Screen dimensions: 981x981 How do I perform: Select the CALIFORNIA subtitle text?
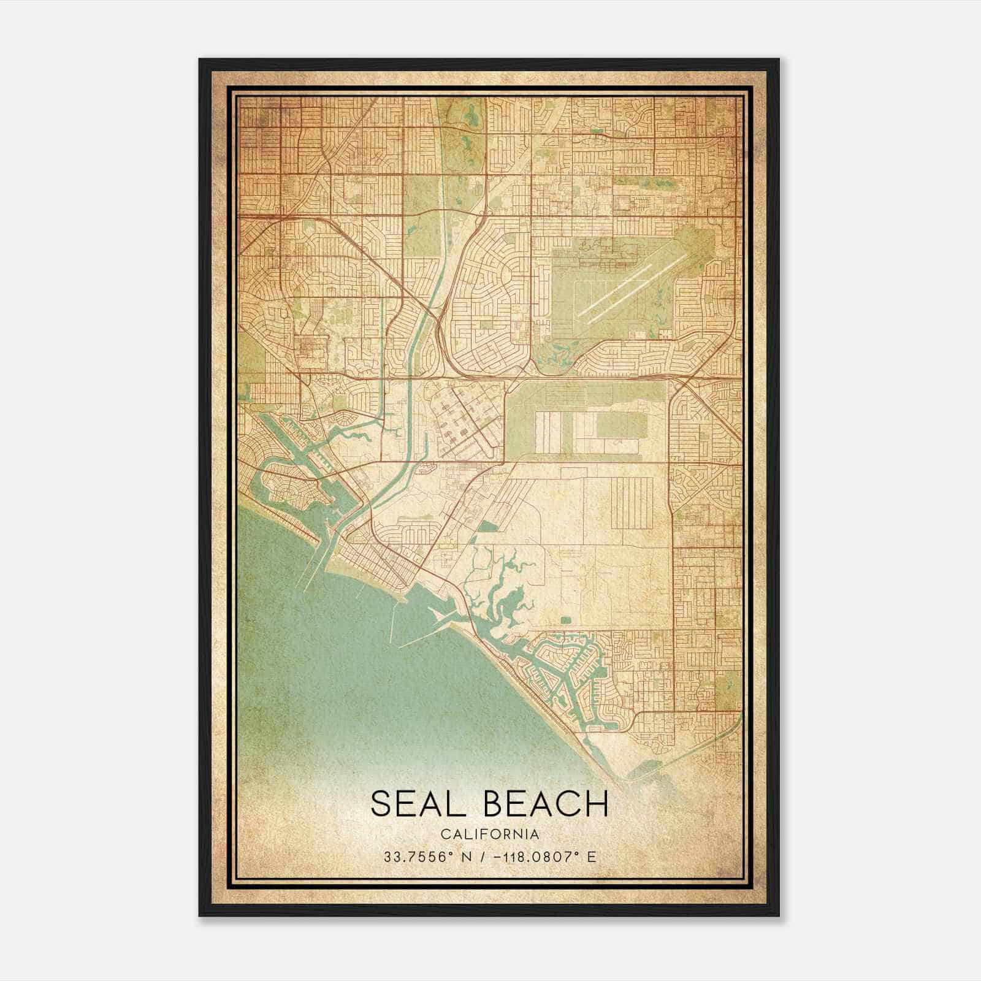tap(490, 834)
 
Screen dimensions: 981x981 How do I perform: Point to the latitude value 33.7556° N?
tap(416, 857)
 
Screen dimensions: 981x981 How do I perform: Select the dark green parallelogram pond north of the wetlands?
tap(487, 527)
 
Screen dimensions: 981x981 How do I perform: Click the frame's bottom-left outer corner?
tap(199, 916)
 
